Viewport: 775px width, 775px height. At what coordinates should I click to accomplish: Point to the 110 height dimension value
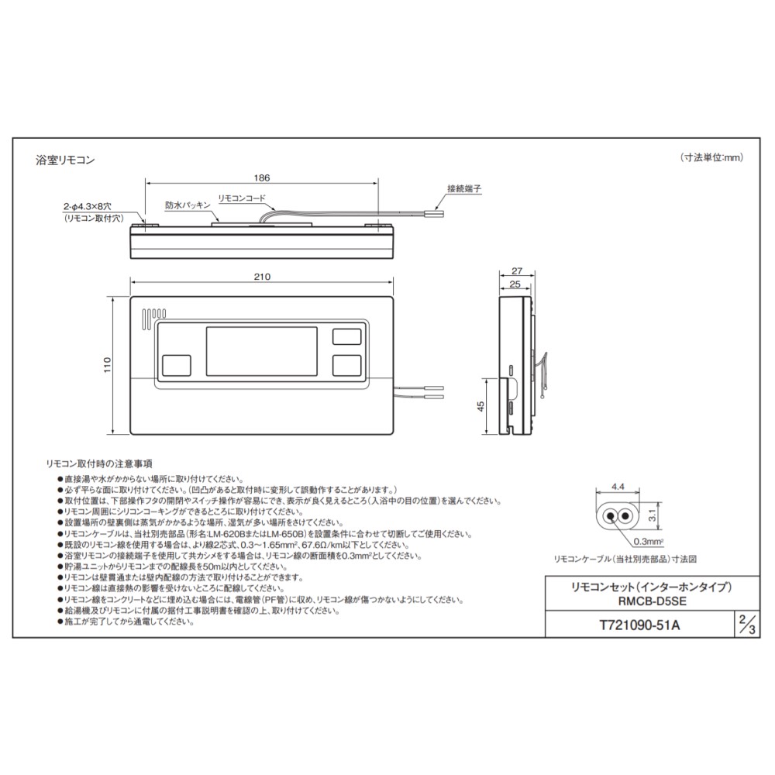(x=108, y=365)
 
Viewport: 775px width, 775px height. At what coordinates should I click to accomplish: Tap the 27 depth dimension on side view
(x=517, y=271)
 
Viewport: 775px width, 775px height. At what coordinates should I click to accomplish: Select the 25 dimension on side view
(x=514, y=285)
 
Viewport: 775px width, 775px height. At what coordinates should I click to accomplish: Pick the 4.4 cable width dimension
(x=618, y=486)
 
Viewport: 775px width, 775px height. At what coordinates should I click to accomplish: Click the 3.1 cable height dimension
(x=653, y=512)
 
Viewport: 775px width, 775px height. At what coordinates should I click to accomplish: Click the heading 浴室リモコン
(x=65, y=160)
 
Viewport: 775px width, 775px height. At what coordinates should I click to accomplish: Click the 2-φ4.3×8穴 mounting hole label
(x=88, y=207)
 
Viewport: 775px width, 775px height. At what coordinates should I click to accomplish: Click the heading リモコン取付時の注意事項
(x=99, y=463)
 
